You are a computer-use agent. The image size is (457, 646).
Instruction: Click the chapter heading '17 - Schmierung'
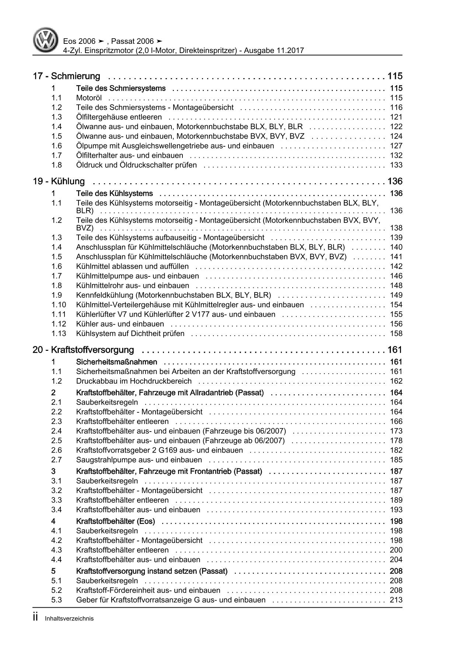[66, 76]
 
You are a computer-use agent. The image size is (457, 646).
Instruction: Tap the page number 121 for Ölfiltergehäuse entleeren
[396, 117]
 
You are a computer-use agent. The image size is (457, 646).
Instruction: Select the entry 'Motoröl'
[89, 98]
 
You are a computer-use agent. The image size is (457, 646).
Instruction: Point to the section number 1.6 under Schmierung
[56, 146]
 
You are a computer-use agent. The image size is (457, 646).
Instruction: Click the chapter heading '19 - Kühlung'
[59, 181]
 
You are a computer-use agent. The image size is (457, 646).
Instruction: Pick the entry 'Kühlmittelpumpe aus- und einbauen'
[137, 276]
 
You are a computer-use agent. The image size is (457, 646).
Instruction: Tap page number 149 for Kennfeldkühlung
[396, 295]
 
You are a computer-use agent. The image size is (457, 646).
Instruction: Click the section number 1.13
[59, 334]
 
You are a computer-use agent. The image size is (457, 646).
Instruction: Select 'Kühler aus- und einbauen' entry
[120, 324]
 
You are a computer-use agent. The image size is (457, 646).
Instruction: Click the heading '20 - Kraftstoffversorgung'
[83, 350]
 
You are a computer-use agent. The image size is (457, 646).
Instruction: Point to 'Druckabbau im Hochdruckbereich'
[134, 381]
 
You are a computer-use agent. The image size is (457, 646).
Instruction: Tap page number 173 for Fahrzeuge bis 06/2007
[396, 431]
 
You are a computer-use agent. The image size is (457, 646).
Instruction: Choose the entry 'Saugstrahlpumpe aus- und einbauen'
[139, 460]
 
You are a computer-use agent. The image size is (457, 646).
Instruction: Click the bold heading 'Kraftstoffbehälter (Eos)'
[115, 521]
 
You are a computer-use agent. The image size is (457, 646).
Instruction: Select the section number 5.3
[56, 600]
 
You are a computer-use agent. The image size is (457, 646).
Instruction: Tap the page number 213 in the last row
[396, 600]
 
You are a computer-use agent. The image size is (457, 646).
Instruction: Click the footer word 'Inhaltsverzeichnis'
[69, 619]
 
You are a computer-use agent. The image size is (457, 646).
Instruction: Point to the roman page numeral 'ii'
[35, 618]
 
